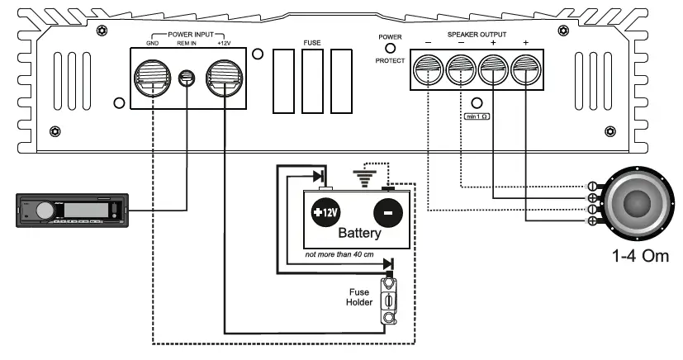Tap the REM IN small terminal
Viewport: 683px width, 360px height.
(188, 78)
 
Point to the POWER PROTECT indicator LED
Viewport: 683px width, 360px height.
(390, 49)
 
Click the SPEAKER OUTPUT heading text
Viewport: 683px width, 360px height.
(477, 35)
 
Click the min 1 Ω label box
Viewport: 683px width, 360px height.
(477, 116)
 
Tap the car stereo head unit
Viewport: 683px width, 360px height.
(73, 210)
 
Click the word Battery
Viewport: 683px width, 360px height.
(359, 234)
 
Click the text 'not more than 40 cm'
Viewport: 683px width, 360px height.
(340, 257)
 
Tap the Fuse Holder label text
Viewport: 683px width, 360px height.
(360, 297)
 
